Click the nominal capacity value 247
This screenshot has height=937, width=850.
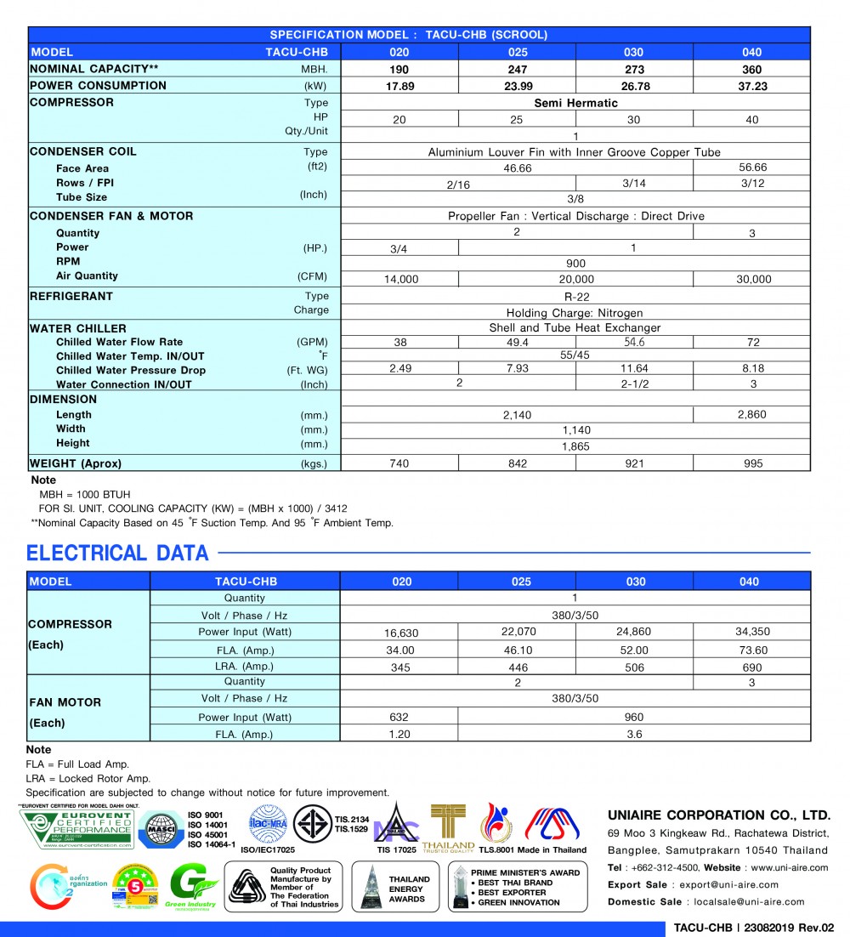(x=517, y=70)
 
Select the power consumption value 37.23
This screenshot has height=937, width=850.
(x=751, y=86)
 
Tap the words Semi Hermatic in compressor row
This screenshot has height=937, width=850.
(x=575, y=103)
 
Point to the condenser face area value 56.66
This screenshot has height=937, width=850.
(x=752, y=168)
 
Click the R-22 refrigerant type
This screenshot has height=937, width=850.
(x=575, y=297)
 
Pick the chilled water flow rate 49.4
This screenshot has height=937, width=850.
(x=517, y=342)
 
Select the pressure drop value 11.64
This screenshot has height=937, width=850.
(x=634, y=370)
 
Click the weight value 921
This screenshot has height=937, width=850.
(x=634, y=463)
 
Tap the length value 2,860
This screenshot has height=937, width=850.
(x=751, y=415)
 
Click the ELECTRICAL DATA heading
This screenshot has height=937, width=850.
(x=117, y=554)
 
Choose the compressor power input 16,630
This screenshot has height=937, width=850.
(x=399, y=633)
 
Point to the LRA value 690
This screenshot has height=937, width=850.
(x=751, y=667)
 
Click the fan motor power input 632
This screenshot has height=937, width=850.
(x=399, y=717)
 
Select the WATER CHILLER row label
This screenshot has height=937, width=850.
(x=78, y=328)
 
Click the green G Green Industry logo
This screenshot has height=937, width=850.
(x=192, y=887)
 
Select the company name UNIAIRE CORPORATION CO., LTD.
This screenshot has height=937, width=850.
(x=718, y=815)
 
